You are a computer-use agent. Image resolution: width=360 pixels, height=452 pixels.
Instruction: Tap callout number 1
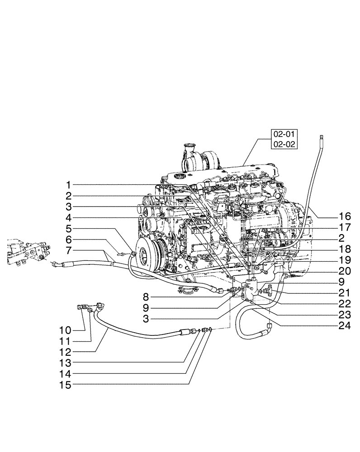pos(68,185)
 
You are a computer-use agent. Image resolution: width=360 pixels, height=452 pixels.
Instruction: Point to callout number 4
pos(68,218)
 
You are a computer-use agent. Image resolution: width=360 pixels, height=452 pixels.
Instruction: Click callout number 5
pos(68,229)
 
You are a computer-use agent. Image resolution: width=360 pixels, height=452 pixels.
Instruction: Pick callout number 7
pos(68,250)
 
